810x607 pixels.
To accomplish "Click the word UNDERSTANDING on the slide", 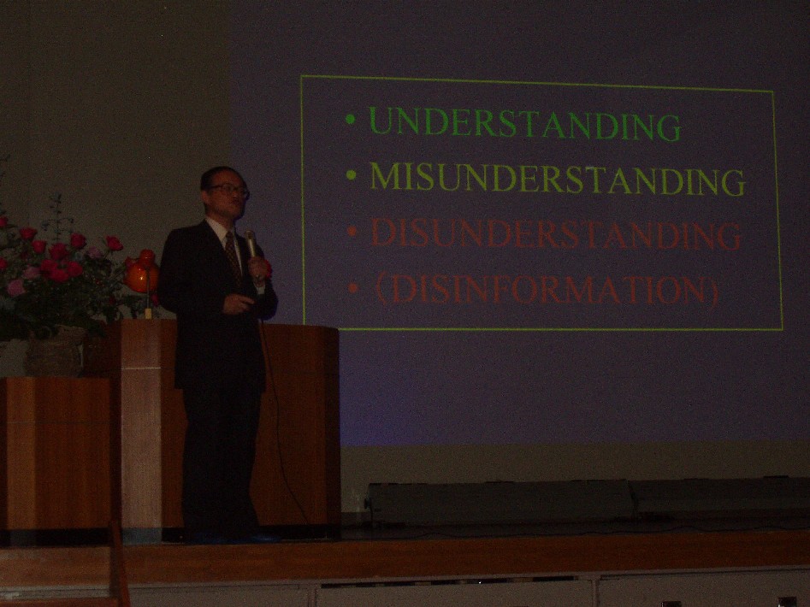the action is click(x=525, y=124).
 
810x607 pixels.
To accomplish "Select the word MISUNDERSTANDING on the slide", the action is click(x=558, y=178).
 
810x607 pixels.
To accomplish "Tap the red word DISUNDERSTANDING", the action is click(x=556, y=233).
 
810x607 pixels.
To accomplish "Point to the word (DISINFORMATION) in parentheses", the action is click(x=547, y=290).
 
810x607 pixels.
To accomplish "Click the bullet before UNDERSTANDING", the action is click(x=351, y=120).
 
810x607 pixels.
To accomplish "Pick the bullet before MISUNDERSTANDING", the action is click(x=352, y=175).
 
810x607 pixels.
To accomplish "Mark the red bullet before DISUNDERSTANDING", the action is click(x=352, y=231).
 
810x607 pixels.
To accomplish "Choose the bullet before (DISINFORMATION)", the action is click(x=353, y=287).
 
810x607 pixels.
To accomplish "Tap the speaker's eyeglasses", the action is click(x=228, y=190).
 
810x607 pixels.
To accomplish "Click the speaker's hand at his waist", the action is click(x=238, y=303).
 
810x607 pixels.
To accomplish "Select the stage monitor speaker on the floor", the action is click(x=499, y=501).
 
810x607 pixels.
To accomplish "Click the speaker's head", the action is click(x=224, y=193).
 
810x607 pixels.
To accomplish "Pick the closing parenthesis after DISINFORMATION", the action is click(x=713, y=292).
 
